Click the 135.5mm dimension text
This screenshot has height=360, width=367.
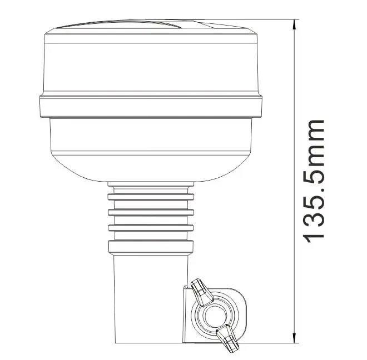pos(313,180)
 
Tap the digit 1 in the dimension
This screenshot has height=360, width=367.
pos(313,234)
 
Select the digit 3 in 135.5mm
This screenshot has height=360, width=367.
pos(313,214)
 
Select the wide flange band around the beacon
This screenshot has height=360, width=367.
pos(150,107)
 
